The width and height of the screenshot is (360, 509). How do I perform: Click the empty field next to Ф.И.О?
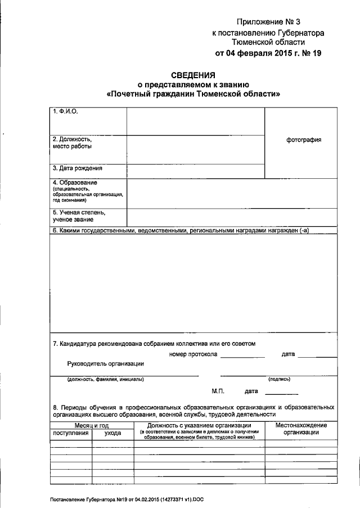pyautogui.click(x=195, y=121)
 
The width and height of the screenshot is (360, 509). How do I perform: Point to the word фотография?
pyautogui.click(x=304, y=140)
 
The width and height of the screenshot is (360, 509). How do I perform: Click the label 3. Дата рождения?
pyautogui.click(x=78, y=168)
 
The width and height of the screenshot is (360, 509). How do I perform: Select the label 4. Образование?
pyautogui.click(x=75, y=183)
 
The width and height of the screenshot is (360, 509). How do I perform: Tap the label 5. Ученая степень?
pyautogui.click(x=79, y=213)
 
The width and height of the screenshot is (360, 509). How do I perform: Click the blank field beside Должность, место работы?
pyautogui.click(x=195, y=149)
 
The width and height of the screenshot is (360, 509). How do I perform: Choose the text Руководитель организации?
pyautogui.click(x=105, y=364)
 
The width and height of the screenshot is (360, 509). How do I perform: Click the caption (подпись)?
pyautogui.click(x=280, y=379)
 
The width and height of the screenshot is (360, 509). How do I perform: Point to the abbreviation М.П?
pyautogui.click(x=218, y=390)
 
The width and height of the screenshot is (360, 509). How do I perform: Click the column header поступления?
pyautogui.click(x=70, y=433)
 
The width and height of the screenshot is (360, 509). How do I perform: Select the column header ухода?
pyautogui.click(x=112, y=433)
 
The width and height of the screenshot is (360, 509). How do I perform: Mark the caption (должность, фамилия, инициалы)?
pyautogui.click(x=105, y=379)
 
